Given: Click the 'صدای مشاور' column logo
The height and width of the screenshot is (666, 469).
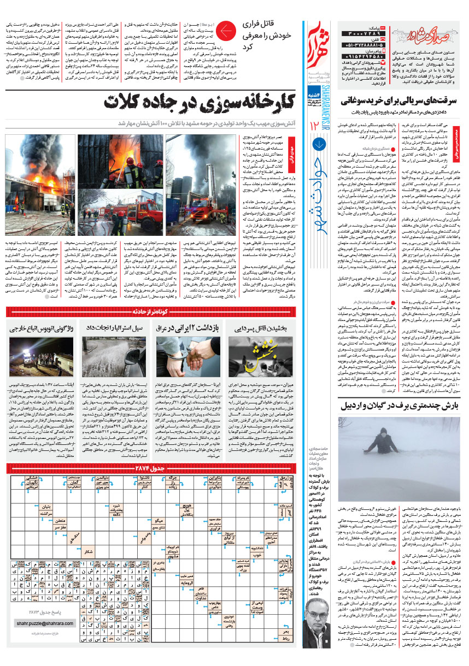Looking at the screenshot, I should (x=435, y=34).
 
